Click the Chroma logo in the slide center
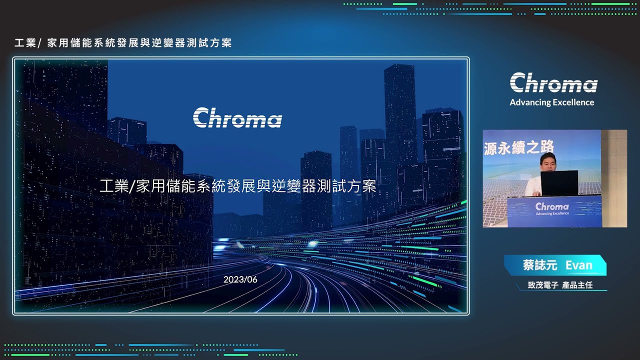pos(237,117)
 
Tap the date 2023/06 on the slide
pos(240,279)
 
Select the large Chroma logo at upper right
pos(553,82)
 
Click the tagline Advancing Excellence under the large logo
pos(552,102)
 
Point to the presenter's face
pos(548,163)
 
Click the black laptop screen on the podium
pos(559,183)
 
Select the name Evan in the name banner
pos(579,265)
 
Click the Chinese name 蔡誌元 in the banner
pos(540,265)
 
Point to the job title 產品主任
pos(577,285)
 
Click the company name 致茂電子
pos(543,285)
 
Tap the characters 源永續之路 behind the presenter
pos(519,147)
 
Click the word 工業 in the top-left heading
pos(25,43)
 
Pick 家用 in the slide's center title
pos(151,186)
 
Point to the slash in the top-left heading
pos(40,43)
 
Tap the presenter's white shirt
pos(533,185)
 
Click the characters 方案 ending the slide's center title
pos(361,186)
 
